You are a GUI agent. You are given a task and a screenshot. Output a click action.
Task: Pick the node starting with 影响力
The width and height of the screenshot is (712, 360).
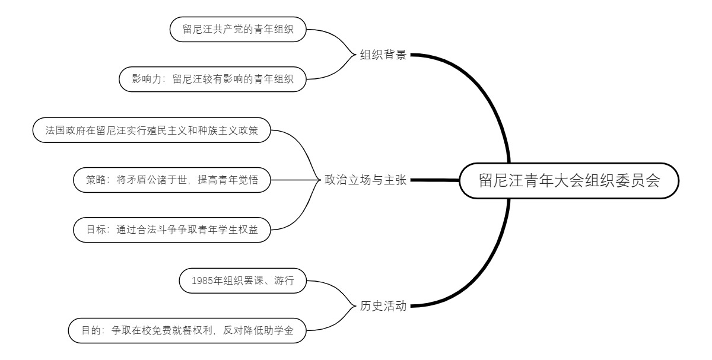point(213,79)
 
